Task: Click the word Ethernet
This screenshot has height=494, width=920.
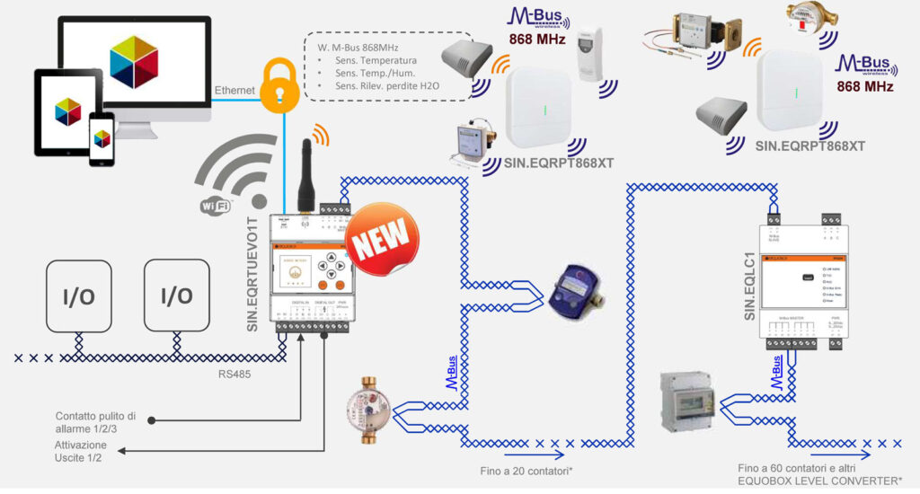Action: [x=236, y=91]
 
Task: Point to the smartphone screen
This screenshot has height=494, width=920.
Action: [x=102, y=139]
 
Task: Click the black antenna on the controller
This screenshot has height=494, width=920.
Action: [x=305, y=170]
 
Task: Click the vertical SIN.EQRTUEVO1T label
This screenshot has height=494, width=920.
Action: [x=254, y=269]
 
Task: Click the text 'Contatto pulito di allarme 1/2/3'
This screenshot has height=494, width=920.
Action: [x=95, y=422]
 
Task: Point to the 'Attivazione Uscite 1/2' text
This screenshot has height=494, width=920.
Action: [x=81, y=452]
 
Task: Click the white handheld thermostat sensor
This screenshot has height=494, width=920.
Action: [x=597, y=54]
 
